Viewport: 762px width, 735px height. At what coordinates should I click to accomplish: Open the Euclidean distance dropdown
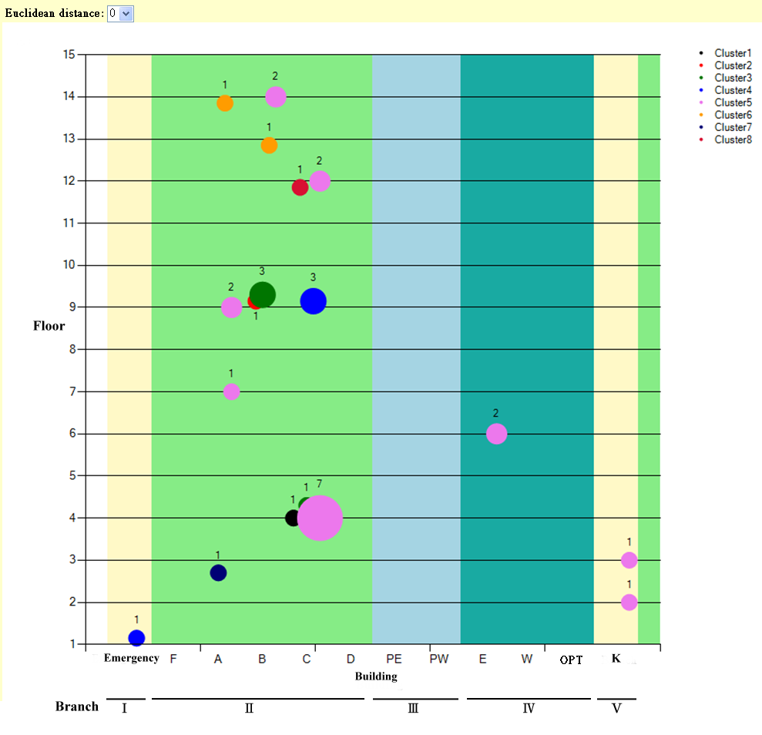coord(120,13)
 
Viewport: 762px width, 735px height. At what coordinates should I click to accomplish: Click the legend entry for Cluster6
coord(732,115)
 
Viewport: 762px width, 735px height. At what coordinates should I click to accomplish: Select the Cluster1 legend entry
coord(732,53)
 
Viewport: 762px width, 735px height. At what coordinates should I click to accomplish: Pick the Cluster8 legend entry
coord(732,139)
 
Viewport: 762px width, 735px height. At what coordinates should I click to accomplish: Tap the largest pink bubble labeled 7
coord(320,518)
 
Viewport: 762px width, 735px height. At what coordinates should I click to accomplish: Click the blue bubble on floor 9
coord(313,301)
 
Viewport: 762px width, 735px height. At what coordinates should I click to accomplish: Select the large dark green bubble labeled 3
coord(263,294)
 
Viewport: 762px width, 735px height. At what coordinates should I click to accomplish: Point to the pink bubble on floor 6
coord(497,434)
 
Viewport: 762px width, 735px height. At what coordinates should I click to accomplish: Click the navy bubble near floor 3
coord(218,573)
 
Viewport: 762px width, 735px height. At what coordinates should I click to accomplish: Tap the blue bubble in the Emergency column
coord(136,638)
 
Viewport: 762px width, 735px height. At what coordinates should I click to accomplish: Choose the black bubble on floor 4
coord(293,518)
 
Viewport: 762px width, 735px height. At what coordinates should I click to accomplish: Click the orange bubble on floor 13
coord(269,145)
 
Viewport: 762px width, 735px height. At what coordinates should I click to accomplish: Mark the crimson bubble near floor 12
coord(300,187)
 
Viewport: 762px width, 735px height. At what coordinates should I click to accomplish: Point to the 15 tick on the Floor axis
coord(69,55)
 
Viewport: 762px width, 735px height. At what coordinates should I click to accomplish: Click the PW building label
coord(439,659)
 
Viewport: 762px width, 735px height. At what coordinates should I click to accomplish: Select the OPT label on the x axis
coord(571,659)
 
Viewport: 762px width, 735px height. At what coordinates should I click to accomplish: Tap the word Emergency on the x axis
coord(131,658)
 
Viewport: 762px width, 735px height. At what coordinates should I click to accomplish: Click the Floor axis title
coord(49,326)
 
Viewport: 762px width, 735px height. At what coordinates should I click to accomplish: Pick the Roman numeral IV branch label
coord(529,708)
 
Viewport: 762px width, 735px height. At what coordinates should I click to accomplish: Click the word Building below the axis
coord(376,676)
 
